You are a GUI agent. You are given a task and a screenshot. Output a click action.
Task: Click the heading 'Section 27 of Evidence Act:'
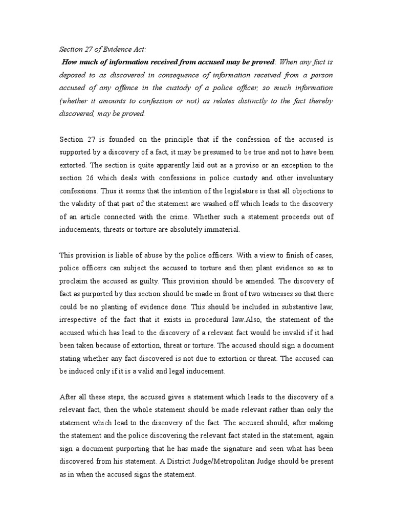pyautogui.click(x=102, y=49)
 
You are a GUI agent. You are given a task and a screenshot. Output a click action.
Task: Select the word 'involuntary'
pyautogui.click(x=313, y=178)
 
